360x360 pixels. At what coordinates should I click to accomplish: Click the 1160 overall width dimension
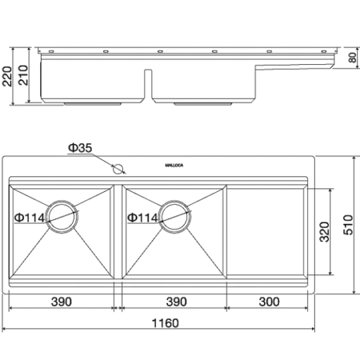click(x=165, y=323)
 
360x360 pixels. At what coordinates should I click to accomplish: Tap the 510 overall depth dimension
click(x=348, y=224)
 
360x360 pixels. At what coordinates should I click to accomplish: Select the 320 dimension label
click(x=325, y=232)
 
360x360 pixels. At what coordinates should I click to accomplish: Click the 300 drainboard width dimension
click(x=269, y=301)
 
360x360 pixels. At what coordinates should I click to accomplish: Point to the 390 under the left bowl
click(x=61, y=301)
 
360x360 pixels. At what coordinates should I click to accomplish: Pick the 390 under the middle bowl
click(x=176, y=301)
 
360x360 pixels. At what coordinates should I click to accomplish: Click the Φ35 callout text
click(x=80, y=148)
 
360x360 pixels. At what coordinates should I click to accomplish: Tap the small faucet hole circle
click(x=118, y=169)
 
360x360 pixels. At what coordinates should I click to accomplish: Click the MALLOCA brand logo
click(x=174, y=165)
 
